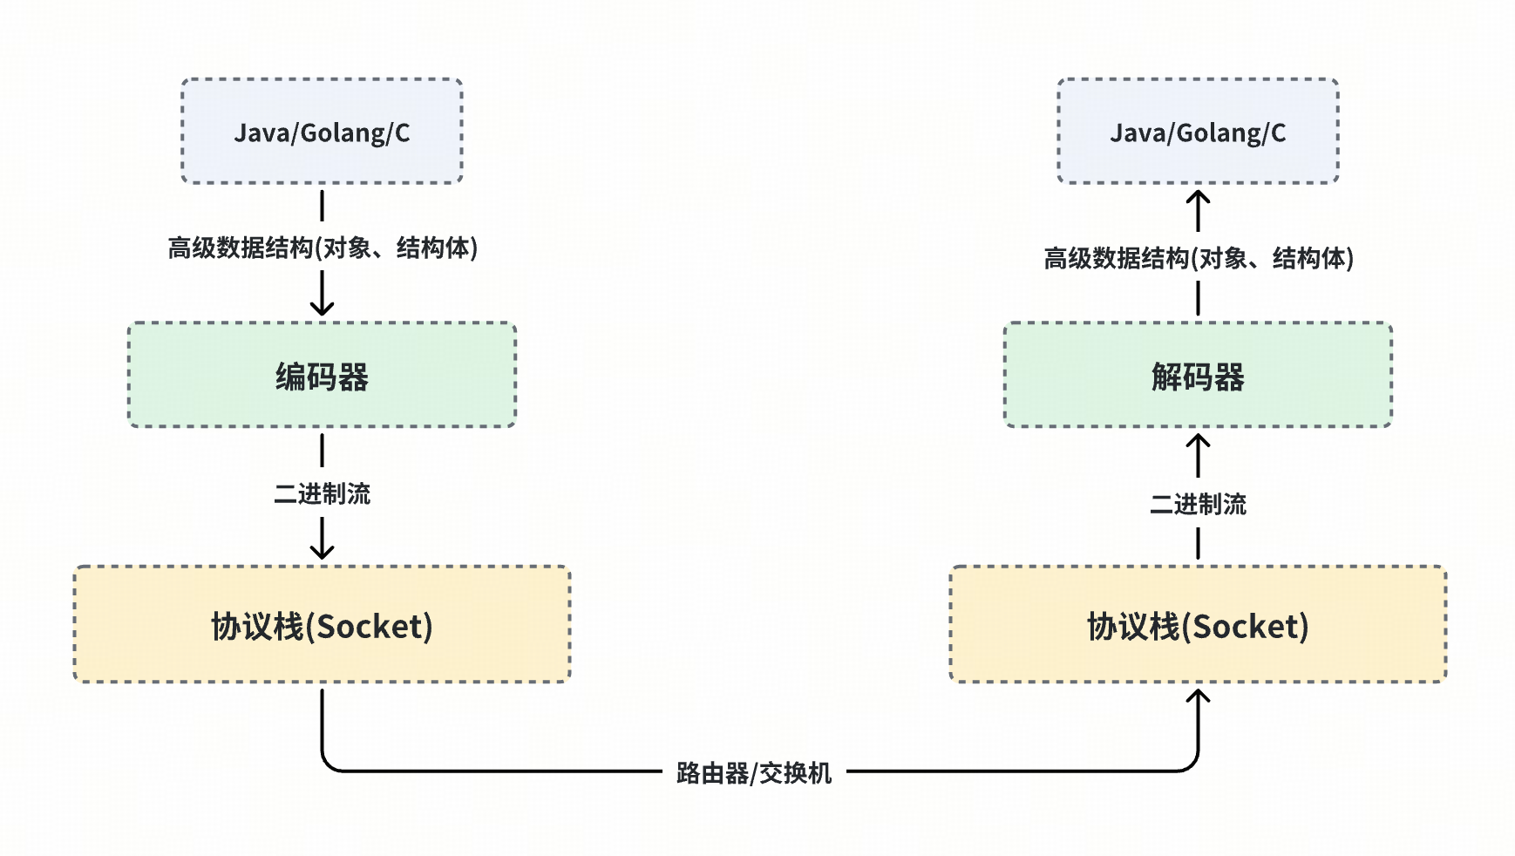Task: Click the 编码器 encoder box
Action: pos(322,375)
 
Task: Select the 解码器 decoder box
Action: pos(1198,375)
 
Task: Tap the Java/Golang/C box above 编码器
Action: pos(322,132)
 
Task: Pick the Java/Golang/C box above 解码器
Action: pos(1198,132)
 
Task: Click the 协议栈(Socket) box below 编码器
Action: pos(322,625)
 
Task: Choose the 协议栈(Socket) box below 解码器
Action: pos(1198,625)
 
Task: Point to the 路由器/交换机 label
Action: pos(754,772)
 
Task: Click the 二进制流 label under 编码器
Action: pos(322,494)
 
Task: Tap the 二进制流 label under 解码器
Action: pos(1198,504)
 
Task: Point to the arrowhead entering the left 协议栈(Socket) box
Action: pos(322,552)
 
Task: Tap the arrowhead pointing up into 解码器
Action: pos(1198,441)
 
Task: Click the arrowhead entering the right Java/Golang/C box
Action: pos(1198,197)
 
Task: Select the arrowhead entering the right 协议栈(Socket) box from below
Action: pos(1198,696)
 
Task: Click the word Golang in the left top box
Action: pos(343,133)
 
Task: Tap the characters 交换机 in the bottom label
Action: pos(795,772)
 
